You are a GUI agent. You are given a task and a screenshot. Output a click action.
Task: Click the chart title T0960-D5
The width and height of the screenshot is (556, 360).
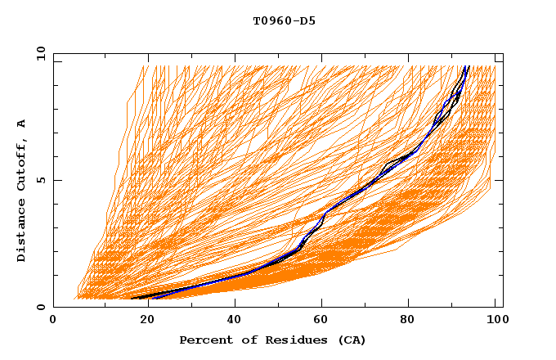284,21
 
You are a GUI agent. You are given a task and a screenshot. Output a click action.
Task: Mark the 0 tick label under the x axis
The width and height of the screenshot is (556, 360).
53,321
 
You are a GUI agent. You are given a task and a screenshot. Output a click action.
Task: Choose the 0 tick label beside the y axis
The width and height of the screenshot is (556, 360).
40,308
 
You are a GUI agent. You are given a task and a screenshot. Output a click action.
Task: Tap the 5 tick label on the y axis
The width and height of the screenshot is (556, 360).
40,181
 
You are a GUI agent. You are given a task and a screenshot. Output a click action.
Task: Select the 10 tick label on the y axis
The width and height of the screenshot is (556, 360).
38,54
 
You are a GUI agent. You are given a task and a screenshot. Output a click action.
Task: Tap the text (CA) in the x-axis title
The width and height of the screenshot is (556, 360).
352,340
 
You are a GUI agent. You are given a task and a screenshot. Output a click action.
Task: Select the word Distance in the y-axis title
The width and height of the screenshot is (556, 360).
22,231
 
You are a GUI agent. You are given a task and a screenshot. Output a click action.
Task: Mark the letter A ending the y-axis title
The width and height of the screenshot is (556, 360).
22,124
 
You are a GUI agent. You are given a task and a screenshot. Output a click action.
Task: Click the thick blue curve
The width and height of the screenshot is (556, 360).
343,200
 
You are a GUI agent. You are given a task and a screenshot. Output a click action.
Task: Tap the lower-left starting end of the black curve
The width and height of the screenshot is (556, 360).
132,298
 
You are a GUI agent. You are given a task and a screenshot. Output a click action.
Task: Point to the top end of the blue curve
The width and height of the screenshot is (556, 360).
467,67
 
